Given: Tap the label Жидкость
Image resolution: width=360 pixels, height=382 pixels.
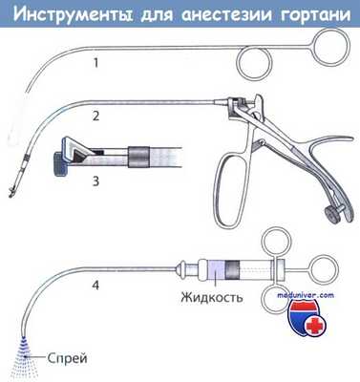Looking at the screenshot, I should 211,297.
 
